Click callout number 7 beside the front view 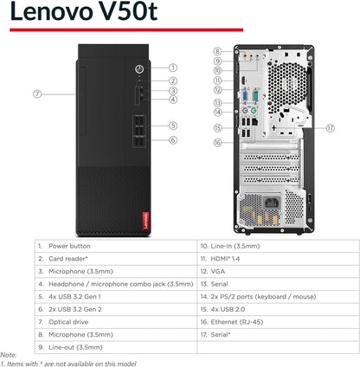click(38, 93)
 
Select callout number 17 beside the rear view click(330, 127)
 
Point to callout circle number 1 click(173, 68)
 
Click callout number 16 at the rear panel click(217, 142)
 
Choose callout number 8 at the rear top click(217, 51)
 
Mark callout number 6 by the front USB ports click(173, 139)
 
